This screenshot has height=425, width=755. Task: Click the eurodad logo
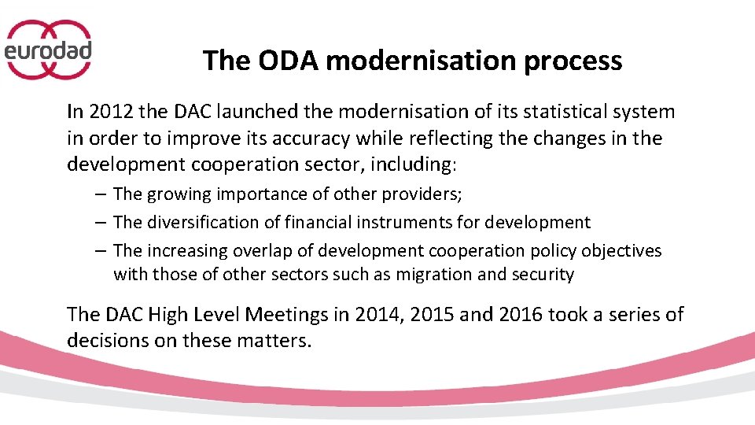pyautogui.click(x=49, y=50)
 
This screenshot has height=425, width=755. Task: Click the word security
pyautogui.click(x=545, y=275)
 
